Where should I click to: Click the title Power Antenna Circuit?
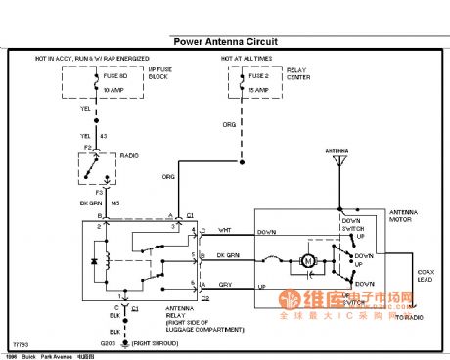point(225,42)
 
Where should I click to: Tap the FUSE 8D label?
point(113,74)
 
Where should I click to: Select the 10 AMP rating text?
point(113,88)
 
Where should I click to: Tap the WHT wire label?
point(224,229)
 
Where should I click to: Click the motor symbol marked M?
point(307,261)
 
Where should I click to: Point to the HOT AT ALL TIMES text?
point(248,59)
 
